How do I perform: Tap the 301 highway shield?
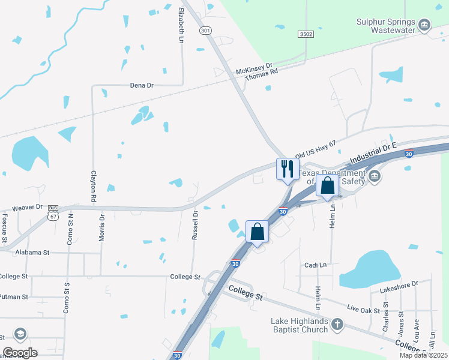click(206, 31)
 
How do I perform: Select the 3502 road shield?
click(306, 35)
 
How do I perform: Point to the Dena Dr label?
click(142, 85)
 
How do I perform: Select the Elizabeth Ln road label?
click(181, 25)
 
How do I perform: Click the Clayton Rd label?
click(94, 185)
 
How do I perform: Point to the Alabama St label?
click(32, 253)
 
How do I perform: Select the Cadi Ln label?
click(315, 265)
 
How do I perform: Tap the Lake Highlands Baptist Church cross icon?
click(337, 325)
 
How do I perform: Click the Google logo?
click(20, 352)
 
